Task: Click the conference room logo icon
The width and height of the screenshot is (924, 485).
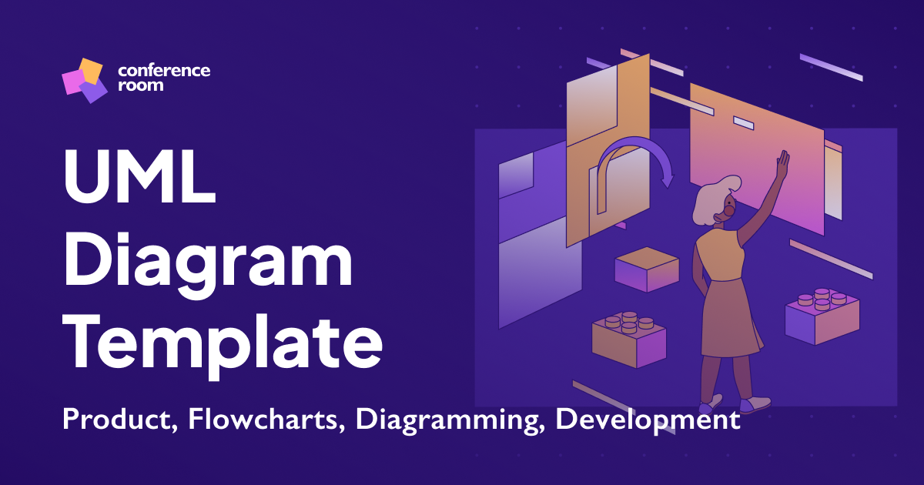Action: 84,79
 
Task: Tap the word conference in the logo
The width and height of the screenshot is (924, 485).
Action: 164,71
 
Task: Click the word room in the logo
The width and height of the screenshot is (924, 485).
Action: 141,85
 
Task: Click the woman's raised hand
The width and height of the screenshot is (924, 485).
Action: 782,163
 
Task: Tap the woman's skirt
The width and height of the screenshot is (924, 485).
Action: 729,319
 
